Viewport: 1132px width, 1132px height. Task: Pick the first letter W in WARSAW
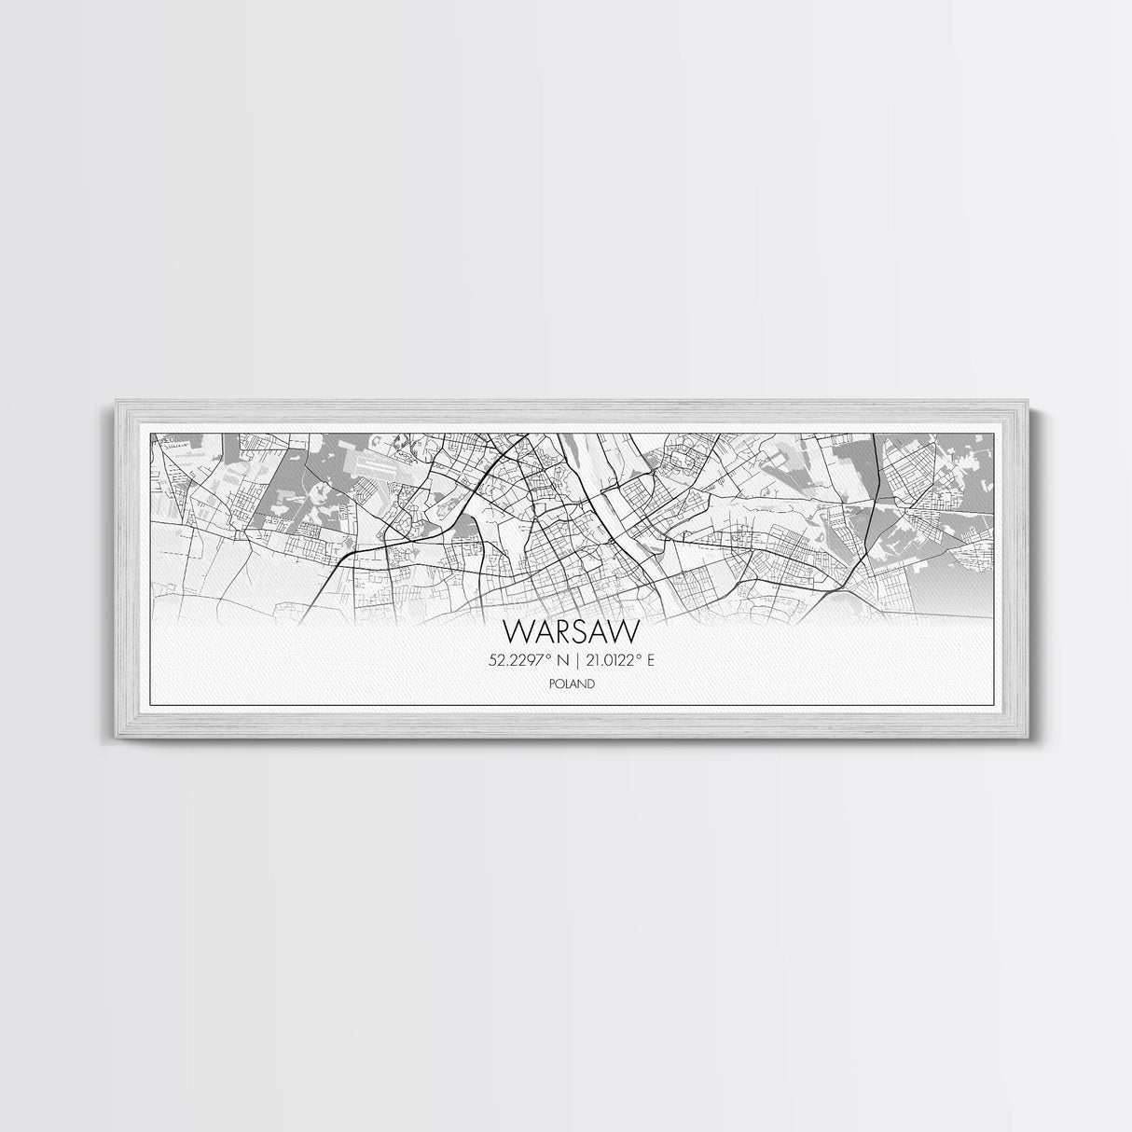pos(515,631)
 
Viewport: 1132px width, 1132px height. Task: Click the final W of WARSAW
pos(627,631)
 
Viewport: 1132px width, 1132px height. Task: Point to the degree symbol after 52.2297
pos(546,657)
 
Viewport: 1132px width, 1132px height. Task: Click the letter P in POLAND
pos(552,683)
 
